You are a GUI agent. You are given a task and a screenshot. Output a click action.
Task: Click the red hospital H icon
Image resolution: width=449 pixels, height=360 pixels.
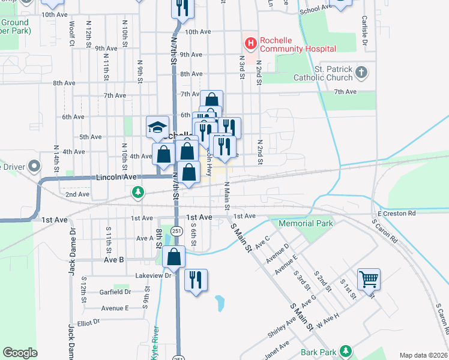(x=250, y=43)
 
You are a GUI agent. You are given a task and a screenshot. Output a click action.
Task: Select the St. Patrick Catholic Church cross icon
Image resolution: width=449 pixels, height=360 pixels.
(x=361, y=73)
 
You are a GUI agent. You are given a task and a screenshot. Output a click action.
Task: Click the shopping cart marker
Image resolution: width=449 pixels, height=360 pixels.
(x=369, y=278)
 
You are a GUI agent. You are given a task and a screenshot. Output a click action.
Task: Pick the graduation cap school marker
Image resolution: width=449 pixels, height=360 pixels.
(x=157, y=127)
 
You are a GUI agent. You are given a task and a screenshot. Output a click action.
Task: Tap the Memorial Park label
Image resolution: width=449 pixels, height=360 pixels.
(x=306, y=224)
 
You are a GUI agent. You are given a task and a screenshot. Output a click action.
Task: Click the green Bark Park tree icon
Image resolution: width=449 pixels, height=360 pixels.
(x=345, y=350)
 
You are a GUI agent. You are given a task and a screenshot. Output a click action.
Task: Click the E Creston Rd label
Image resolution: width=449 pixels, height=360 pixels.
(x=396, y=214)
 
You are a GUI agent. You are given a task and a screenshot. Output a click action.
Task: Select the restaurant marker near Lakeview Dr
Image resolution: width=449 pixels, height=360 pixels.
(x=196, y=280)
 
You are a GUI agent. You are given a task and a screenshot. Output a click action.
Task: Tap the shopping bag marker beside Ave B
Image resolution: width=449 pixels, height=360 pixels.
(x=173, y=257)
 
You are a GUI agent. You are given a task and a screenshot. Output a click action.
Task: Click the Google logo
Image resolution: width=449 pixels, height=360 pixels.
(x=20, y=353)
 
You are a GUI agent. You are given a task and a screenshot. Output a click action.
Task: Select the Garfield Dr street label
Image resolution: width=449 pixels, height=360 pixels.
(x=116, y=292)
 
